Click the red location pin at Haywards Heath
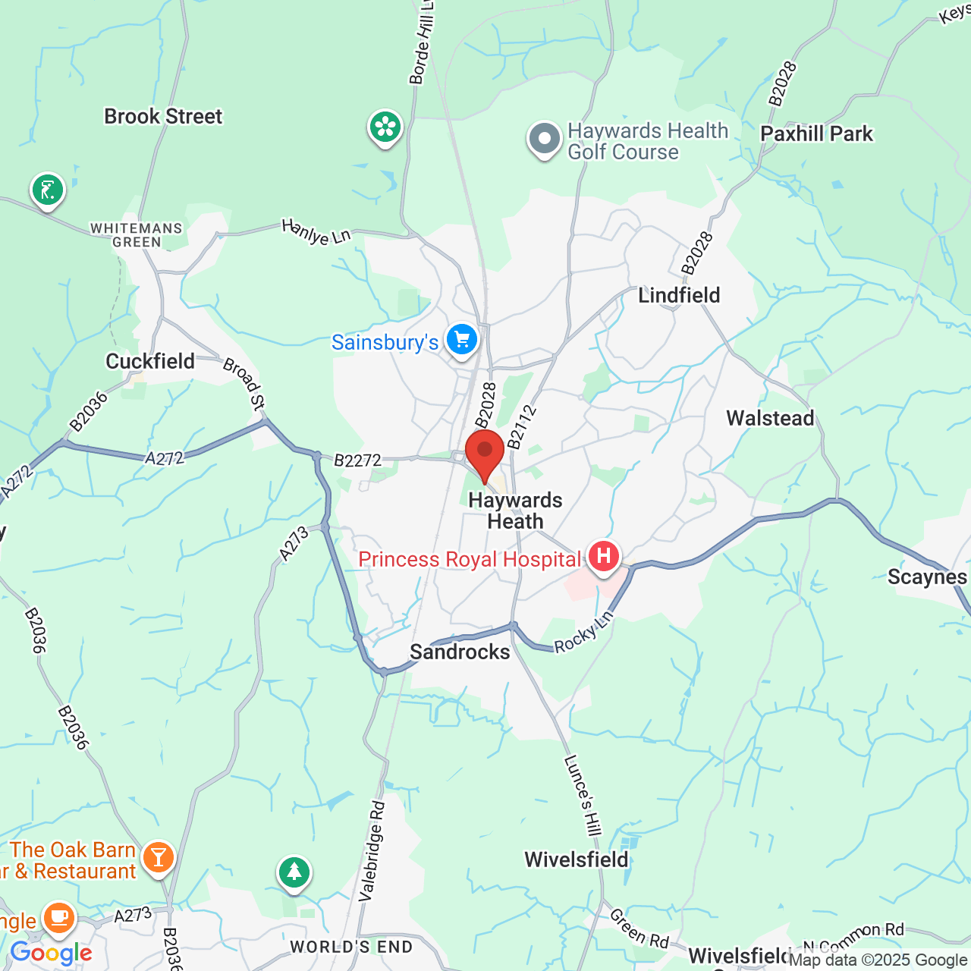pyautogui.click(x=485, y=452)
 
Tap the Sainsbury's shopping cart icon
pyautogui.click(x=462, y=340)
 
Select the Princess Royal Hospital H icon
pyautogui.click(x=603, y=557)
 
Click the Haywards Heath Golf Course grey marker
pyautogui.click(x=544, y=140)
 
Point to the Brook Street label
pyautogui.click(x=163, y=117)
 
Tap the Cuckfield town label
pyautogui.click(x=150, y=361)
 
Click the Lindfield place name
pyautogui.click(x=679, y=295)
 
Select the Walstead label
pyautogui.click(x=770, y=418)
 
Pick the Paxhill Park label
pyautogui.click(x=816, y=134)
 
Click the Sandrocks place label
pyautogui.click(x=460, y=652)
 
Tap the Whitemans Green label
pyautogui.click(x=137, y=235)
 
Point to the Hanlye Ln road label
pyautogui.click(x=316, y=232)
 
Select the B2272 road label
pyautogui.click(x=357, y=460)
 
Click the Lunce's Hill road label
pyautogui.click(x=583, y=795)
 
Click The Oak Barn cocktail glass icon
pyautogui.click(x=158, y=856)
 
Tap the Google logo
pyautogui.click(x=51, y=953)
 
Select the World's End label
pyautogui.click(x=351, y=947)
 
